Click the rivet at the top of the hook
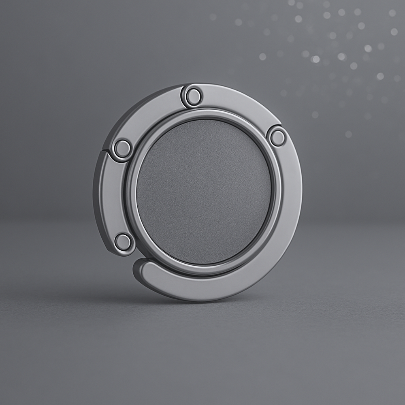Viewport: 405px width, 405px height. pyautogui.click(x=193, y=96)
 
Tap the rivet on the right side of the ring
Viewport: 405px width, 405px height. pyautogui.click(x=277, y=137)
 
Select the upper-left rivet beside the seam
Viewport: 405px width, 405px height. pyautogui.click(x=122, y=149)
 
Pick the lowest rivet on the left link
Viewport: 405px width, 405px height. pyautogui.click(x=123, y=242)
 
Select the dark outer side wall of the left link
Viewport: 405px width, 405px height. pyautogui.click(x=97, y=194)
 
